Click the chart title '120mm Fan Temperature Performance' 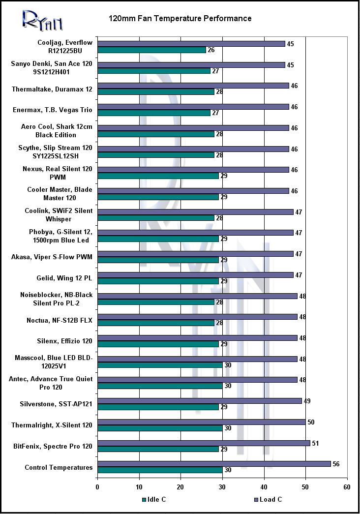180,19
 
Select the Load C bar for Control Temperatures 214,464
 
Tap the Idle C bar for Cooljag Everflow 151,50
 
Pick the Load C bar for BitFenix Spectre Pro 204,443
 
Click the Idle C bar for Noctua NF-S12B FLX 156,323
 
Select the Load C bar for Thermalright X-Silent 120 202,422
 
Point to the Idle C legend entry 154,500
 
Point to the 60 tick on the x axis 347,487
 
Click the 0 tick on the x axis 97,487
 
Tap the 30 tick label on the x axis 222,487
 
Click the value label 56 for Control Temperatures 336,464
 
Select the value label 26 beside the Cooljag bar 211,50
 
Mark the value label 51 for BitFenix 315,443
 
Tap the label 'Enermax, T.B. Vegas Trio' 53,110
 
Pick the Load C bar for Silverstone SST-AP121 200,401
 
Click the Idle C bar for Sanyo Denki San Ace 154,71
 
